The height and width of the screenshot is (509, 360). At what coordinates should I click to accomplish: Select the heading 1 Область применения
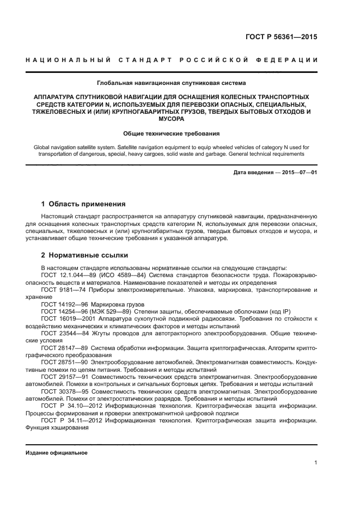(83, 204)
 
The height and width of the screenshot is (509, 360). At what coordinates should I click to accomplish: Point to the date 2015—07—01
(299, 173)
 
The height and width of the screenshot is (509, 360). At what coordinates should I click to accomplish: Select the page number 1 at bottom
(315, 463)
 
